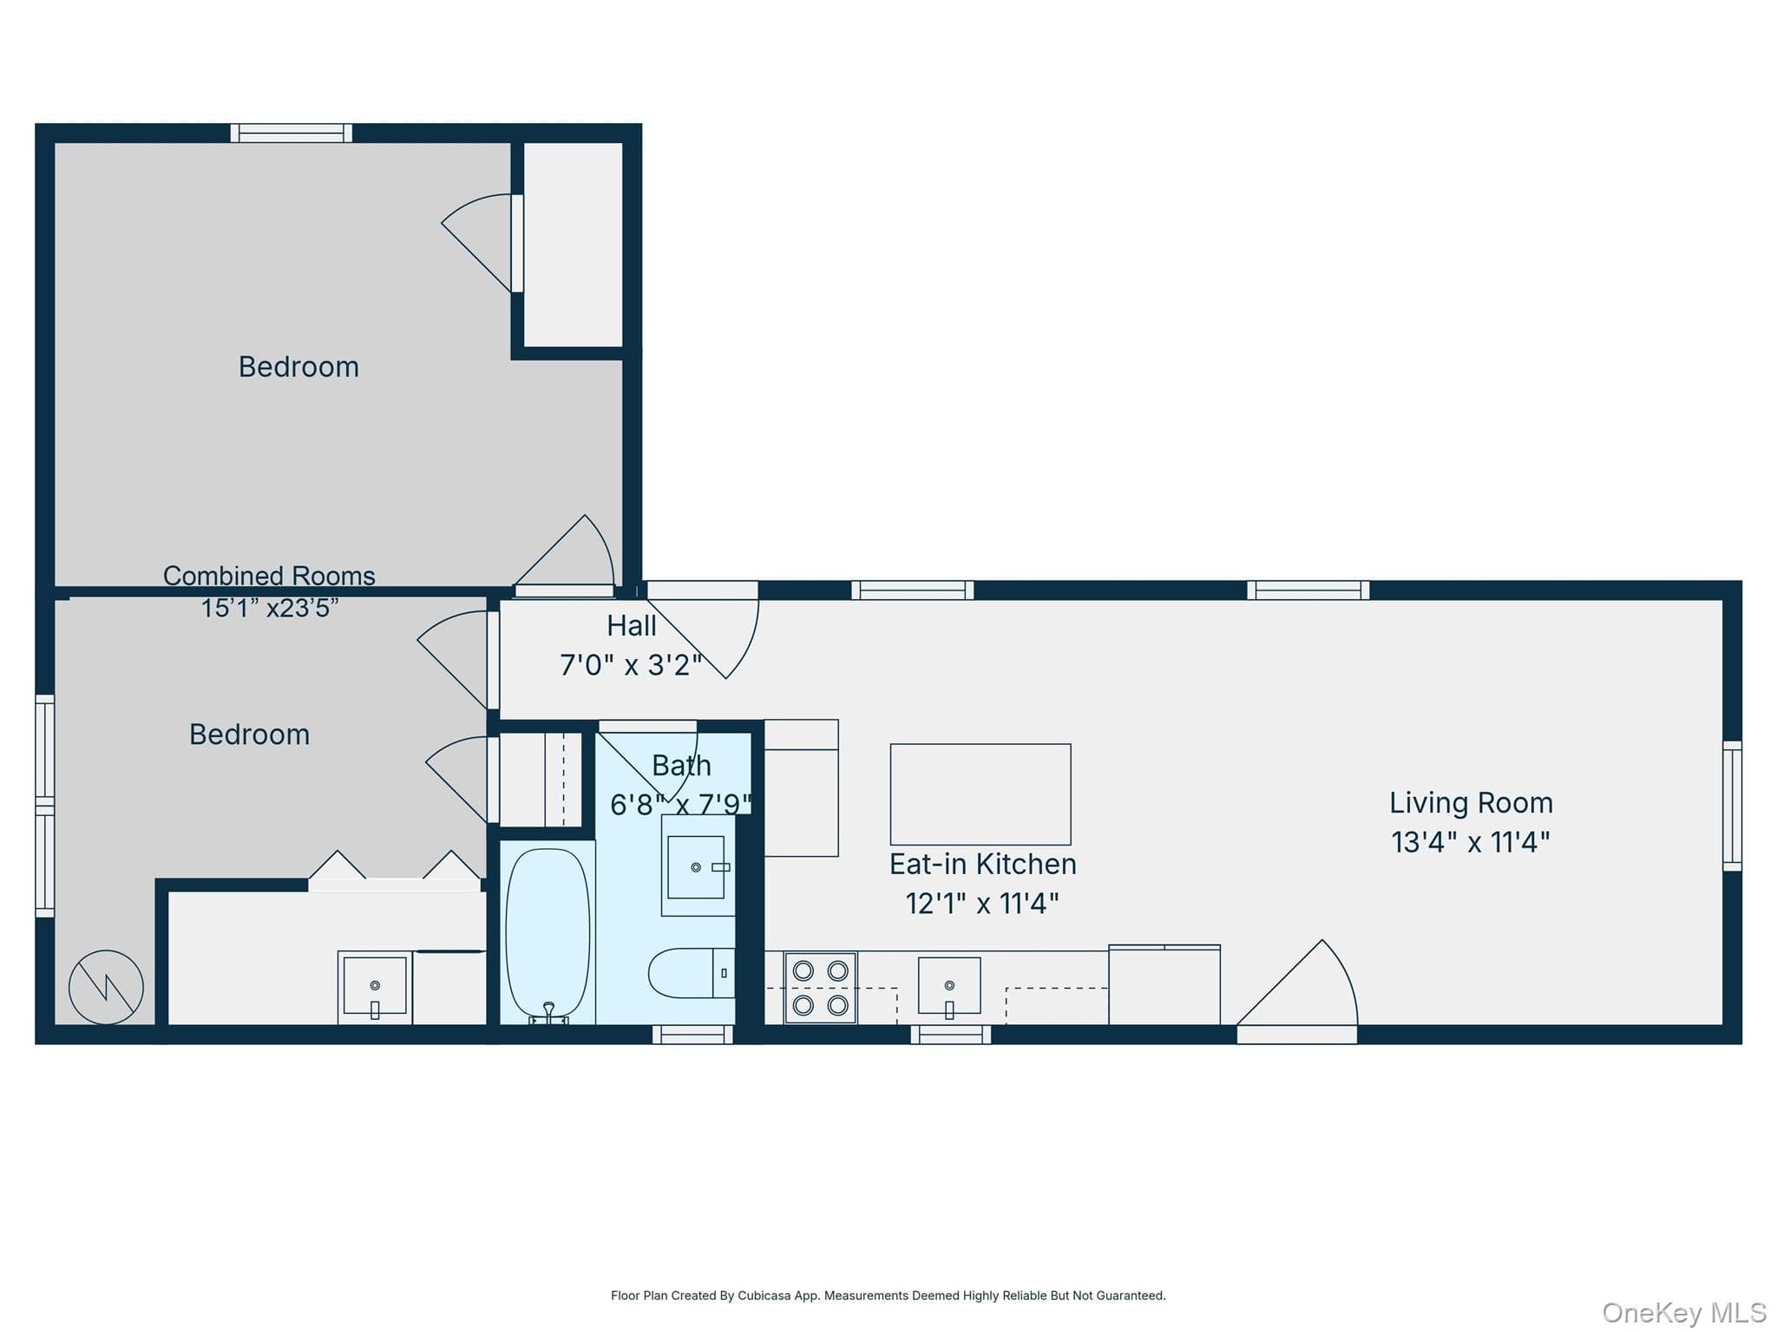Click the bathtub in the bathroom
click(548, 932)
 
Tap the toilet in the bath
click(692, 973)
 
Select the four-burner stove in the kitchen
click(820, 988)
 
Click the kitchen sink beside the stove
click(949, 987)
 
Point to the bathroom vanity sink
click(696, 867)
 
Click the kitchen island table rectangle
click(980, 794)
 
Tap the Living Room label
click(1471, 803)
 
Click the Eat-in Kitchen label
click(983, 864)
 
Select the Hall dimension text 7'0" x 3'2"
click(631, 665)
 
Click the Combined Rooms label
click(269, 576)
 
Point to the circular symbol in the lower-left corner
click(106, 987)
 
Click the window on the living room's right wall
click(1732, 806)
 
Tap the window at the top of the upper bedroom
click(292, 133)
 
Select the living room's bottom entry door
click(1296, 991)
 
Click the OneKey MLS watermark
click(1684, 1313)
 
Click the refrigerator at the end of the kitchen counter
click(1164, 985)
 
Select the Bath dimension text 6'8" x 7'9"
click(681, 805)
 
